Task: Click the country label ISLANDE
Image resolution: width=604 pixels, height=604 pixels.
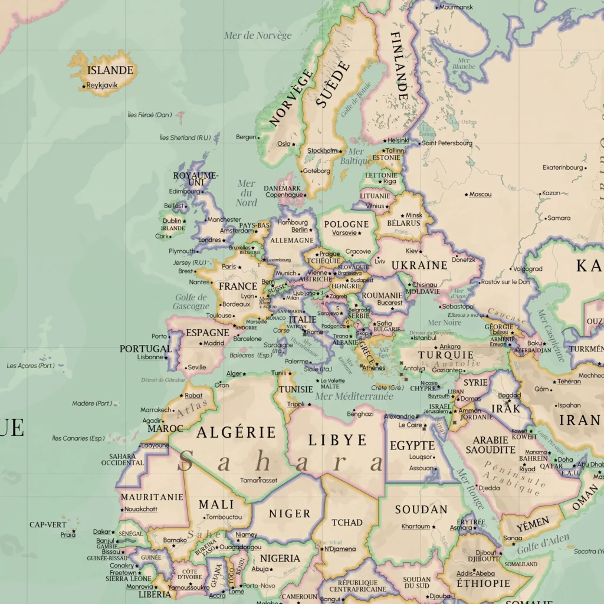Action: pos(110,70)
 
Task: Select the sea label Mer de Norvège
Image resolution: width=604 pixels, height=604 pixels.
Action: pos(258,35)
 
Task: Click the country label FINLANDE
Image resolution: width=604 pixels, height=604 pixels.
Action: pos(399,65)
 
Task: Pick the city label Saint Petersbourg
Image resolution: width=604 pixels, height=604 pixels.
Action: pos(447,143)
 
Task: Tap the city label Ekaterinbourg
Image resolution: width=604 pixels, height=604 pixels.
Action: pos(562,168)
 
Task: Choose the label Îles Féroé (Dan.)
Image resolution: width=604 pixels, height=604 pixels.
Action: pos(149,115)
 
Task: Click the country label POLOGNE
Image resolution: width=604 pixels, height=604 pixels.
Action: pos(346,224)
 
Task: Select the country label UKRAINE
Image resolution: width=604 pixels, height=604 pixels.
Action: pos(419,265)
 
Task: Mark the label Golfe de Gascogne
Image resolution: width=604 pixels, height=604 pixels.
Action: pos(191,302)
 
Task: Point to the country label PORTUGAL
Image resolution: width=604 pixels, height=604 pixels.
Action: pos(145,349)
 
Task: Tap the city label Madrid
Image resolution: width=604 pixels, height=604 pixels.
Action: pos(214,343)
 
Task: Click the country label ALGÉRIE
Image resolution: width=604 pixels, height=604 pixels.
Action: pos(236,432)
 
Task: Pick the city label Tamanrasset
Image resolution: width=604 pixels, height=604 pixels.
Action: pos(258,480)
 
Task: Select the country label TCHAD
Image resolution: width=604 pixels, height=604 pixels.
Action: pos(347,523)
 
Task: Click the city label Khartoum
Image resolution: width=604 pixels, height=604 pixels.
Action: pos(415,526)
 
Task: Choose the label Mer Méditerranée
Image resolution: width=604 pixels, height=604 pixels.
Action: pos(354,396)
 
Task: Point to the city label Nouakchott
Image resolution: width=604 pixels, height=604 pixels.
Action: pos(141,509)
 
